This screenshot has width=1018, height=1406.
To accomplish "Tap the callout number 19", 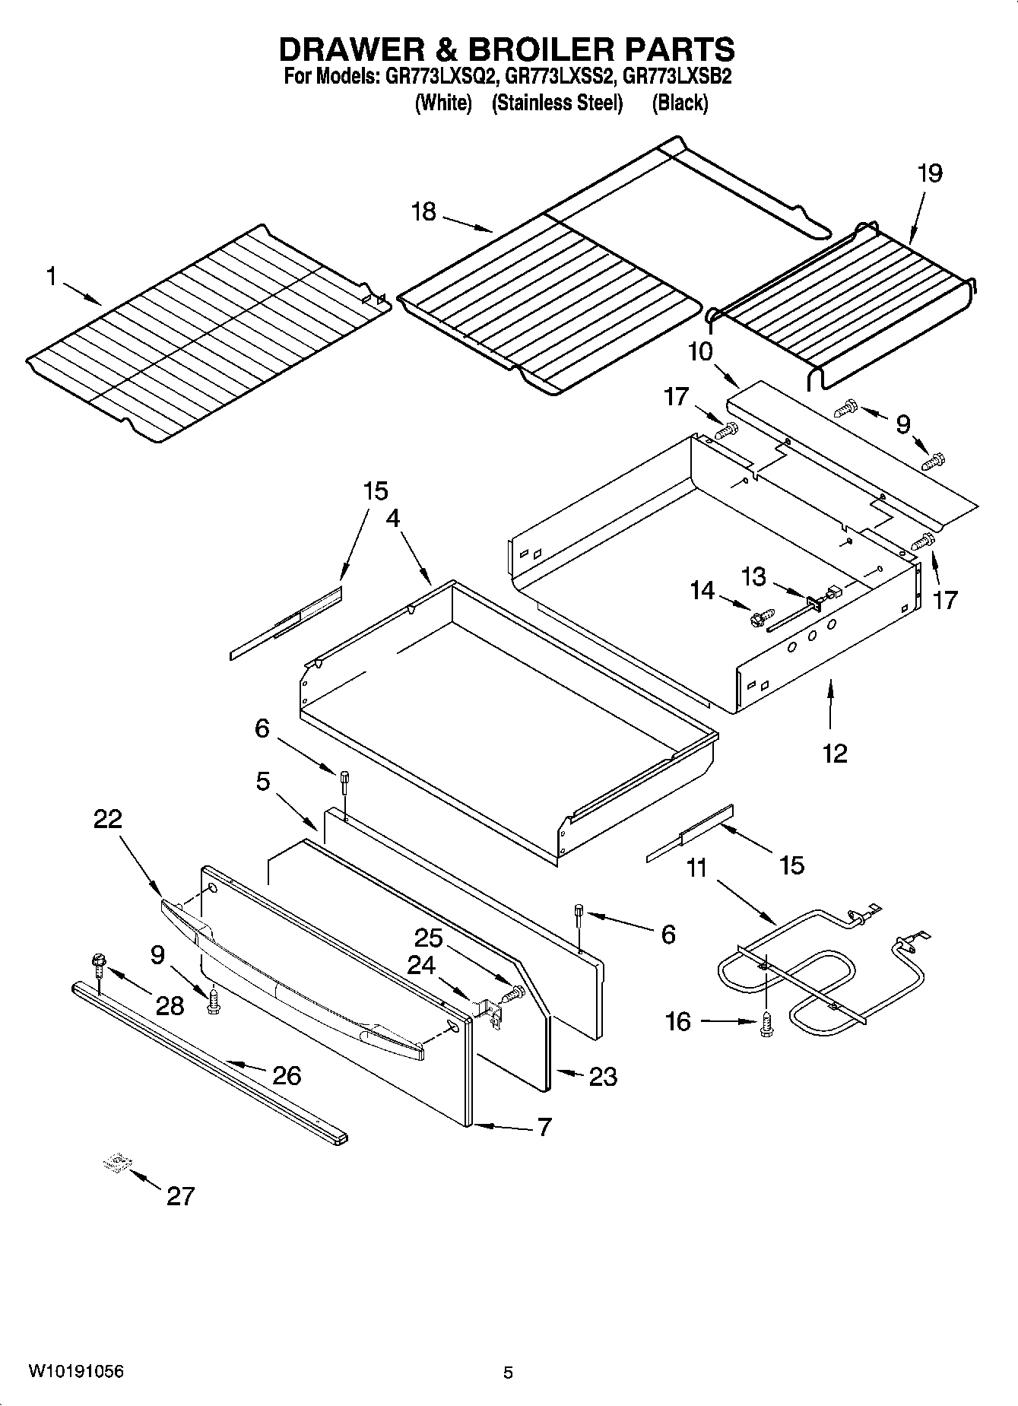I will click(929, 173).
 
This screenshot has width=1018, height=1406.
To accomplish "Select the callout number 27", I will click(180, 1196).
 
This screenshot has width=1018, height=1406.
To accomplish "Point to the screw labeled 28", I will click(99, 964).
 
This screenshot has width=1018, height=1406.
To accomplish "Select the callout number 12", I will click(834, 753).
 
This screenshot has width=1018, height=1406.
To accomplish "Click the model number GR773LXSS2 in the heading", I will click(563, 77).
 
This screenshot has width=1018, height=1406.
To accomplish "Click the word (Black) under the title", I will click(680, 103).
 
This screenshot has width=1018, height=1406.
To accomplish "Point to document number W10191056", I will click(76, 1372).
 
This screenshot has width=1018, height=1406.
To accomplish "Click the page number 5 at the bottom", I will click(508, 1373).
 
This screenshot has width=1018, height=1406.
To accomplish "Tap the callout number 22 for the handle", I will click(108, 819).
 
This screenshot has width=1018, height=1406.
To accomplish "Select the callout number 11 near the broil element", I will click(696, 868).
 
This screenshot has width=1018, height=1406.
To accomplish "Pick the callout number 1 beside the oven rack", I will click(51, 277).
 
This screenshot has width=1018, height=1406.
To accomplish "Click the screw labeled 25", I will click(515, 992).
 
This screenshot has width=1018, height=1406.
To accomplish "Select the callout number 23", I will click(603, 1076).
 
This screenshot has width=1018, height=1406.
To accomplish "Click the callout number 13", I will click(753, 576).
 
